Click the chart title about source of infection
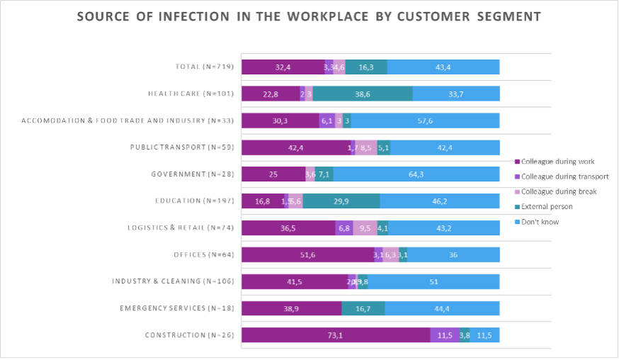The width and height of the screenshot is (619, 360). tap(308, 16)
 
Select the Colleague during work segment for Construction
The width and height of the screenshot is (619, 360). tap(336, 335)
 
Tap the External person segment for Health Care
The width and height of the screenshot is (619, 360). tap(363, 94)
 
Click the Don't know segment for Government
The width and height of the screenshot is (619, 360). tap(416, 174)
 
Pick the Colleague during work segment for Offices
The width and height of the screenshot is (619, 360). tap(307, 255)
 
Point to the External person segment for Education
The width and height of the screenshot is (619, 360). tap(341, 201)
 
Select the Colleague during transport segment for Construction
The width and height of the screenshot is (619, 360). tap(444, 335)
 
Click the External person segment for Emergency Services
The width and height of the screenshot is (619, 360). tap(363, 308)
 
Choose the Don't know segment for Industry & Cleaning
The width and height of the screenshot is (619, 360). tap(433, 282)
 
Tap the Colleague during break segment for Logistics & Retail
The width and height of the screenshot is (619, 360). tap(365, 228)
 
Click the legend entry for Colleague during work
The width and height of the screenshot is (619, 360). tap(557, 162)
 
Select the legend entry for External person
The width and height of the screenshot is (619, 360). tap(547, 207)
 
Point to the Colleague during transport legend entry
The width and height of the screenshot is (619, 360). tap(564, 176)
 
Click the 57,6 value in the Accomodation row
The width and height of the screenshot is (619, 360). tap(425, 121)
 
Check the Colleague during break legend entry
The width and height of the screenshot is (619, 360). tap(559, 191)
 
